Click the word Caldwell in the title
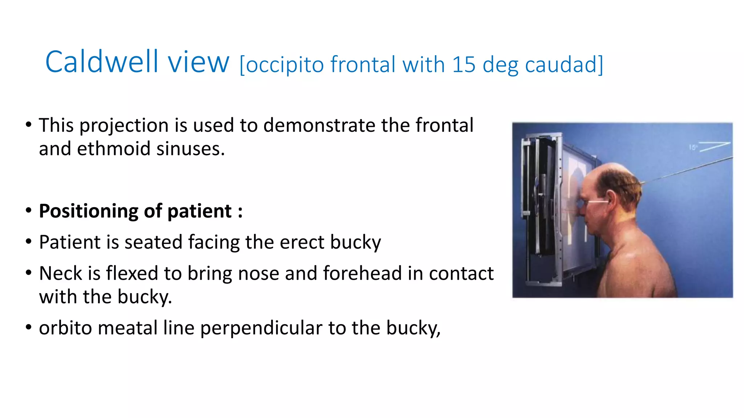[x=102, y=62]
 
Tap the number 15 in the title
[x=464, y=65]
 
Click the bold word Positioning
[x=89, y=211]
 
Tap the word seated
[x=153, y=242]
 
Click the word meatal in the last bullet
[x=128, y=328]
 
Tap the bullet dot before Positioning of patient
[x=29, y=210]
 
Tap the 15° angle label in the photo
[x=693, y=148]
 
